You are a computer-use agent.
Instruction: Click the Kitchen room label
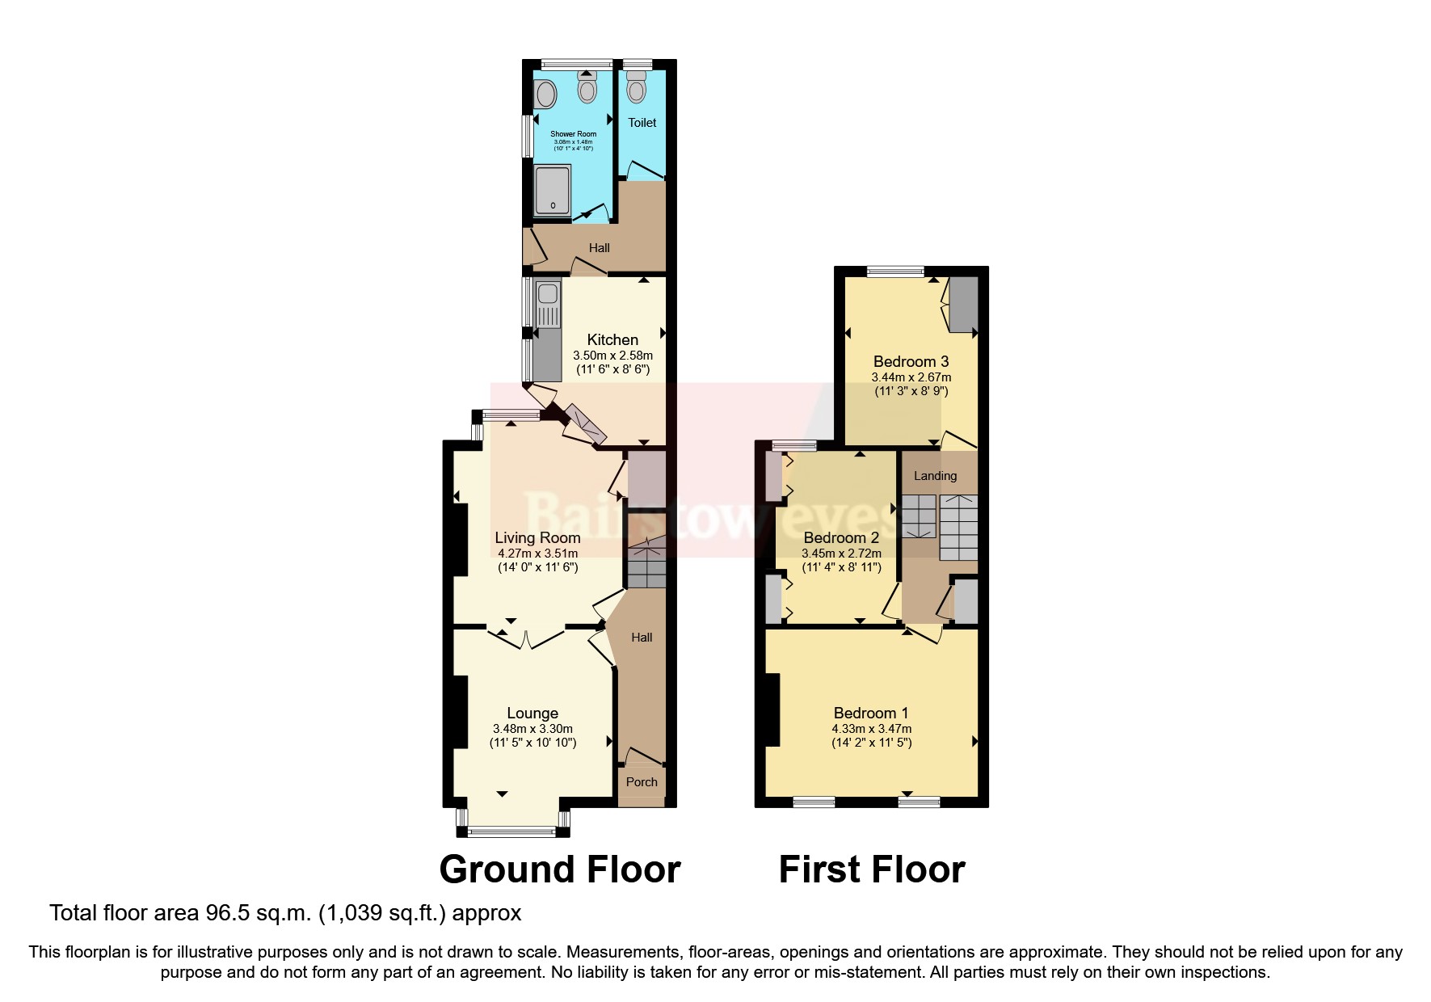coord(612,340)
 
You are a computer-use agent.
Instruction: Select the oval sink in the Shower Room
coord(546,95)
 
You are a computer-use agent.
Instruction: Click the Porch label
coord(642,782)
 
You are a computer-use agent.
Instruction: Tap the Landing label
coord(935,476)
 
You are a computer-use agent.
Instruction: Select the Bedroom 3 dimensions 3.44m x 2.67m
coord(911,377)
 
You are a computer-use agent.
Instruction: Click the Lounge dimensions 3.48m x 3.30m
coord(532,729)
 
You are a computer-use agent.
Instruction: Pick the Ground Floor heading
coord(559,869)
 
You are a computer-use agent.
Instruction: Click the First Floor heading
coord(871,869)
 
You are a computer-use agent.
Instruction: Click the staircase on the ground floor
coord(646,564)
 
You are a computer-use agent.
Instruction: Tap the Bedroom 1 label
coord(871,713)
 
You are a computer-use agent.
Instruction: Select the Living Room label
coord(537,537)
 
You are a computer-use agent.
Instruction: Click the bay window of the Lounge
coord(512,830)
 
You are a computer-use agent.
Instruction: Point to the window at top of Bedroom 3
coord(895,272)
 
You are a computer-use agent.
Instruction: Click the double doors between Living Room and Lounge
coord(526,638)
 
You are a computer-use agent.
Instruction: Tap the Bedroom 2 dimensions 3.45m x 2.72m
coord(841,554)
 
